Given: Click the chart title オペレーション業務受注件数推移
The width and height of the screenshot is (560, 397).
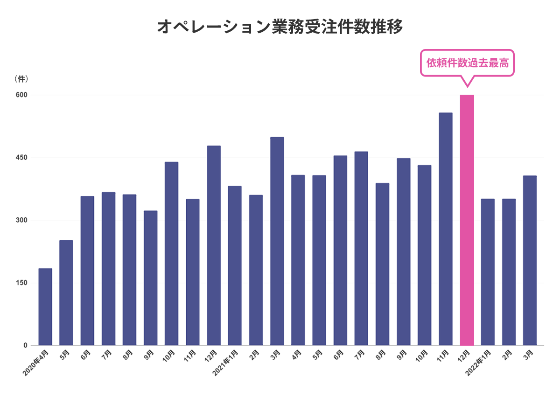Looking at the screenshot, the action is tap(280, 27).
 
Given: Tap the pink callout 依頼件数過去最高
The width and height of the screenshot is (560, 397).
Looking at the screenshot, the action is tap(467, 63).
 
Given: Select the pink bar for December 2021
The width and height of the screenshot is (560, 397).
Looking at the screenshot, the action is tap(467, 220).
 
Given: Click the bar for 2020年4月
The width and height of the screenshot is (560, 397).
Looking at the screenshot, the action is tap(45, 307).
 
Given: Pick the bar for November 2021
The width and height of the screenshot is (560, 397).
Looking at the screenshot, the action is tap(446, 229).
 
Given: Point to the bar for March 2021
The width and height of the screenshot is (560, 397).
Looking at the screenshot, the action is tap(277, 241).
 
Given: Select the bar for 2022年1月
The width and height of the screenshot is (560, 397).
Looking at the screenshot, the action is tap(488, 272).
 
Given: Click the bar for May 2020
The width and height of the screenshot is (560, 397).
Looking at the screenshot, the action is tap(66, 293).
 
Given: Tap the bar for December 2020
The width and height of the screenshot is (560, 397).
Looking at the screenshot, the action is tap(214, 245).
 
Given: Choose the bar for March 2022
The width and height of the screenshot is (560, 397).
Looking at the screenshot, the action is tap(530, 260).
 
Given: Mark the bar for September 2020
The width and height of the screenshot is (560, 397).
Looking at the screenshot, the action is tap(150, 278).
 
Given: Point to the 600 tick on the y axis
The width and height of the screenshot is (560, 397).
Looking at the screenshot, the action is tap(21, 95).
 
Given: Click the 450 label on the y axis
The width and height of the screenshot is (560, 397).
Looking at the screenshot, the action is tap(21, 158).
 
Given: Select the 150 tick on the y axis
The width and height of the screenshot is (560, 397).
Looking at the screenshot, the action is tap(21, 283).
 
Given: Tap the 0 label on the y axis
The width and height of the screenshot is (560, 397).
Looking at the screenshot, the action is tap(26, 345).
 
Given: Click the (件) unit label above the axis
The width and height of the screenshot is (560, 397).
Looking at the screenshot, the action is tap(21, 79).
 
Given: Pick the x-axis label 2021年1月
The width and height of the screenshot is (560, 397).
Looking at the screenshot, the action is tap(225, 363).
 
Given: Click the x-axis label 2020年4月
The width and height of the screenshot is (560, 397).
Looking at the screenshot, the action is tap(35, 363).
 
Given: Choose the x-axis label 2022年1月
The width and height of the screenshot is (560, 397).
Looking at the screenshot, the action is tap(478, 363).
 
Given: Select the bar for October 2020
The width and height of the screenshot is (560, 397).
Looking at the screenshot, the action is tap(172, 254).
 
